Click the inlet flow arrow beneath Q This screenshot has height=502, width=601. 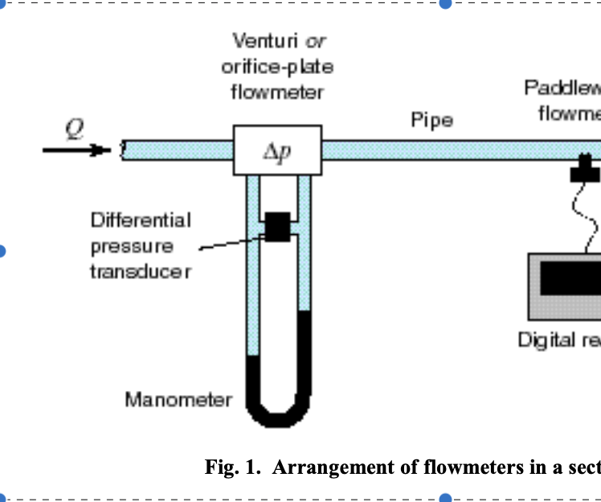coord(76,150)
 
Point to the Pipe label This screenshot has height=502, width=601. coord(431,121)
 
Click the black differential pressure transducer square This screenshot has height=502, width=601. coord(277,226)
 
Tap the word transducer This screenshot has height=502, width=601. coord(141,271)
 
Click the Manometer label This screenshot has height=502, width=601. coord(178,399)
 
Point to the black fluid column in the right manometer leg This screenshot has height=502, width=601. coord(305,354)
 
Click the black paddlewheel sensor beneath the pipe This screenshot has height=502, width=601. coord(585,170)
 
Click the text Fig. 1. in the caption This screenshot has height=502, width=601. coord(234,467)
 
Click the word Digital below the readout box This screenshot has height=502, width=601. coord(545,340)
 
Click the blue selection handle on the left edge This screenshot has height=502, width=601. coord(2,250)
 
